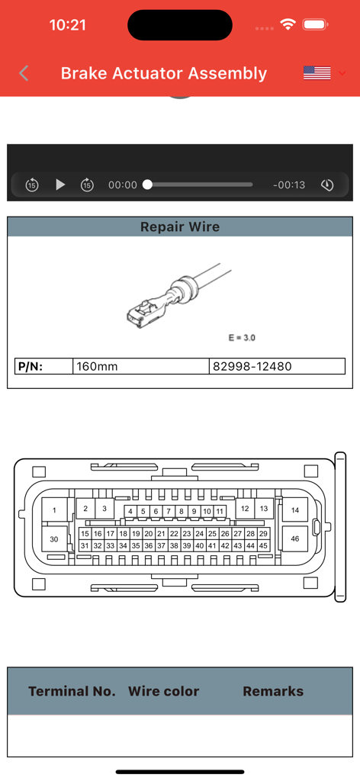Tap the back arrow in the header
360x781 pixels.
[x=24, y=73]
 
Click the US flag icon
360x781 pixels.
[x=317, y=73]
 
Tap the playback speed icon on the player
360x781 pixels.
[x=327, y=185]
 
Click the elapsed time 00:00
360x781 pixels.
[x=123, y=185]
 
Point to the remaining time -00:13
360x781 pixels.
[x=289, y=185]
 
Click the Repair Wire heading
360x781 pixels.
[x=180, y=227]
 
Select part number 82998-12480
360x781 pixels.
[x=252, y=367]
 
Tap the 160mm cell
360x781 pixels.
[x=97, y=367]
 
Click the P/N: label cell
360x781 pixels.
[x=31, y=367]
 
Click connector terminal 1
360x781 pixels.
[x=54, y=509]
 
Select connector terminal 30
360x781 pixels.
[x=54, y=539]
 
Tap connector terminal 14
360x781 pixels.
[x=295, y=509]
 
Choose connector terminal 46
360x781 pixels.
[x=295, y=538]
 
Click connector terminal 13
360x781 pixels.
[x=263, y=508]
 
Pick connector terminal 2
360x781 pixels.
[x=85, y=508]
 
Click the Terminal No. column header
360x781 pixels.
[x=72, y=692]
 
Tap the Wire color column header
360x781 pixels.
[x=163, y=692]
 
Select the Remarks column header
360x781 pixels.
[x=273, y=692]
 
